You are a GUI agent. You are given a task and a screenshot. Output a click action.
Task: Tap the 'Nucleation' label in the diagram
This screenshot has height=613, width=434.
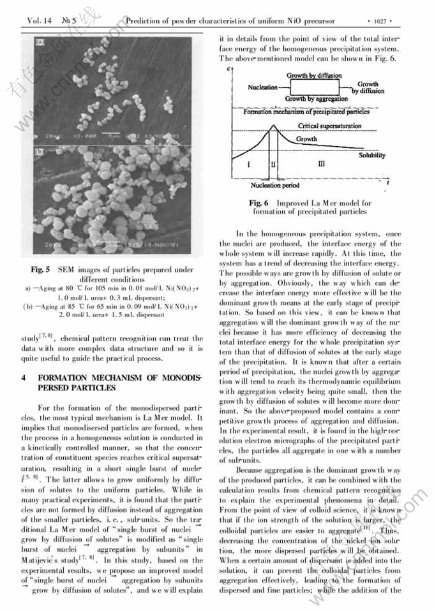point(262,87)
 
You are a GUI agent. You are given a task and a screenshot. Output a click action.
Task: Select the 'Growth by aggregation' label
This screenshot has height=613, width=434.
point(316,99)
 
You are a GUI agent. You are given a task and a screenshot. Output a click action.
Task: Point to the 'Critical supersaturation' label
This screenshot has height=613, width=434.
point(329,126)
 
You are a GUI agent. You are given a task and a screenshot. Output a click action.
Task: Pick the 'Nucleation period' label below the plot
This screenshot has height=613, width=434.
point(274,186)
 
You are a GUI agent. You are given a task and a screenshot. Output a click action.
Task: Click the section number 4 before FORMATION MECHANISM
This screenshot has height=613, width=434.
point(24,377)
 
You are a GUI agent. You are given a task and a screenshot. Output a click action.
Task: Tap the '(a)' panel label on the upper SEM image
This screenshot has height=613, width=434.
point(41,44)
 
